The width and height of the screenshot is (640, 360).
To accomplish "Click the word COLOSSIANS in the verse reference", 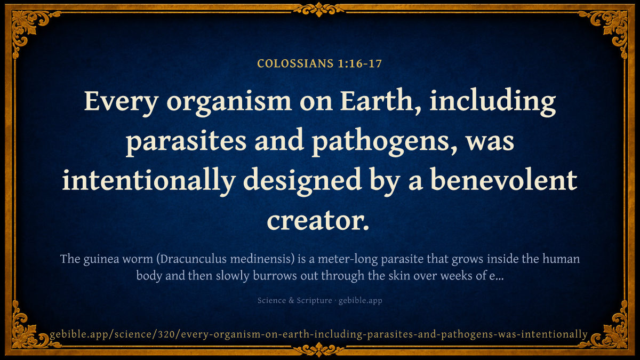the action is [295, 63].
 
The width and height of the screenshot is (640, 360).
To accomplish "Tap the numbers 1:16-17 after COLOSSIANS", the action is [359, 63].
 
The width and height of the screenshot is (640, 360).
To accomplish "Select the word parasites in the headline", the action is [186, 142].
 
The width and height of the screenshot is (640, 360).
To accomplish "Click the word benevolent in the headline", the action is [503, 181].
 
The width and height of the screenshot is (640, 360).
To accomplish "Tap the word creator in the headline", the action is [318, 221].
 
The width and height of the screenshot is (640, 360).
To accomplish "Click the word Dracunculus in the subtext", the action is [191, 259].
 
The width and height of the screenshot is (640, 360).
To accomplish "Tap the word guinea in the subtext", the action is [101, 260].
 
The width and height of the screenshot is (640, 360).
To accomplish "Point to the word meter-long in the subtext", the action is [347, 260].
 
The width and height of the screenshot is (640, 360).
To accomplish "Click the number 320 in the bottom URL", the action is [167, 334].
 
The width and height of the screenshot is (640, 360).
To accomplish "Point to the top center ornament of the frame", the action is [318, 10].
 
